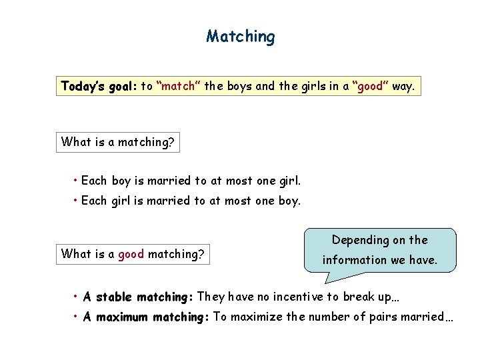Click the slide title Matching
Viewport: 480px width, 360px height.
(240, 36)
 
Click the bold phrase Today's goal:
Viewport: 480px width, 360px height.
(98, 86)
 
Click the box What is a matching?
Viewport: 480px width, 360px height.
(118, 142)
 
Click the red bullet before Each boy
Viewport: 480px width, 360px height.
(77, 181)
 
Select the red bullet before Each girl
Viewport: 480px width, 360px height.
(77, 201)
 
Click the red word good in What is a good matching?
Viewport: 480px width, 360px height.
(131, 253)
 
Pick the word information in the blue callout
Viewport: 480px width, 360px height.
(353, 260)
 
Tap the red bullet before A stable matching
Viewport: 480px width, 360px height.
(77, 297)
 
